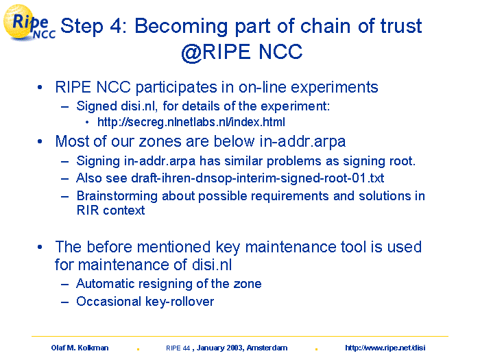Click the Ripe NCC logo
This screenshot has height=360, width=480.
(29, 23)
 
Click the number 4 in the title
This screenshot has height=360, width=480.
(117, 26)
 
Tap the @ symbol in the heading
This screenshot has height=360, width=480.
(191, 52)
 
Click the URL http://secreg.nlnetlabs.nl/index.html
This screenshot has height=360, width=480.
(191, 122)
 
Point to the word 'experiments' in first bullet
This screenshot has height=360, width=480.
(335, 88)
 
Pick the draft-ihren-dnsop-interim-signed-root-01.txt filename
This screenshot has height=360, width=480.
(257, 178)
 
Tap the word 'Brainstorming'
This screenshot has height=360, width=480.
(117, 196)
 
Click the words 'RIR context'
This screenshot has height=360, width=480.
(110, 211)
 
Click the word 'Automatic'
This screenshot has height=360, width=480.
(106, 284)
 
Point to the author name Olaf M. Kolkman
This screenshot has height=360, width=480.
(80, 348)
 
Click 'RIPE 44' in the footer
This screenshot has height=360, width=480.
(178, 348)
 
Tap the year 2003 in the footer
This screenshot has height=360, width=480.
(235, 348)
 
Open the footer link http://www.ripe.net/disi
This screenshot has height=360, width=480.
(385, 348)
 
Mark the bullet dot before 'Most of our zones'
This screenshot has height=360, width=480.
(40, 142)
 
